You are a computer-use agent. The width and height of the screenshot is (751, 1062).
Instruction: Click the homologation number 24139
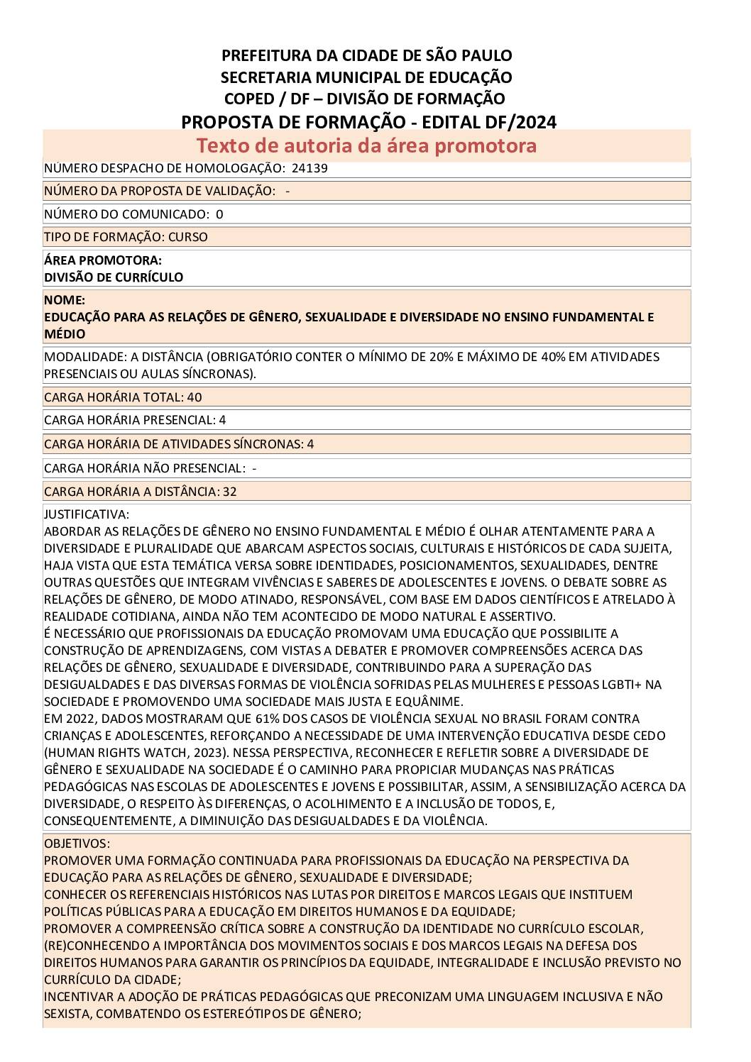[x=309, y=169]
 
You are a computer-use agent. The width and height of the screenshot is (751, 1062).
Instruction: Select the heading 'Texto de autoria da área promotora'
[x=366, y=145]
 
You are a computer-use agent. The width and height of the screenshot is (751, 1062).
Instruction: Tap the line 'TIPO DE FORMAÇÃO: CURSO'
[x=126, y=237]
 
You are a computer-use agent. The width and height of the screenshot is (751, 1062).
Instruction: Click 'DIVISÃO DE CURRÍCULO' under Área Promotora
[x=114, y=277]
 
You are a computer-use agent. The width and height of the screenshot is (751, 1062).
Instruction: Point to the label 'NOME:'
[x=65, y=300]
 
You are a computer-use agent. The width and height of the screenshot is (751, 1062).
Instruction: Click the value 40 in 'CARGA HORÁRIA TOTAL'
[x=194, y=397]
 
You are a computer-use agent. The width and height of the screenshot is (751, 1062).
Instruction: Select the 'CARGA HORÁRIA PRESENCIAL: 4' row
[x=135, y=420]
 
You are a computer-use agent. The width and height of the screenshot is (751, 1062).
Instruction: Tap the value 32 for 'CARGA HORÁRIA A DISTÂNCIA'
[x=229, y=492]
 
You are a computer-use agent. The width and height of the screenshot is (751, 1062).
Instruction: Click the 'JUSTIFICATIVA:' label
[x=87, y=514]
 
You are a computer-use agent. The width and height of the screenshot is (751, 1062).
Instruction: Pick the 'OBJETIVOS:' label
[x=77, y=843]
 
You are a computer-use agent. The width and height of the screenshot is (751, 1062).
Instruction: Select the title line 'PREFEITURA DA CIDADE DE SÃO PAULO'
[x=366, y=55]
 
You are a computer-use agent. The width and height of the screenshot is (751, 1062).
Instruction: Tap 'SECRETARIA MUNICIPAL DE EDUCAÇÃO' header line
[x=366, y=77]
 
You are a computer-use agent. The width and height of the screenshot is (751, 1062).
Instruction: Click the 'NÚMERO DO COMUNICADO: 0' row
[x=133, y=214]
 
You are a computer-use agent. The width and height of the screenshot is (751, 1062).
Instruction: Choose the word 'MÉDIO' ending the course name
[x=65, y=334]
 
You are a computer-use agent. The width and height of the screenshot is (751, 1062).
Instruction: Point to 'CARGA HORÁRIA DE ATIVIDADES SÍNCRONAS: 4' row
[x=179, y=444]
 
